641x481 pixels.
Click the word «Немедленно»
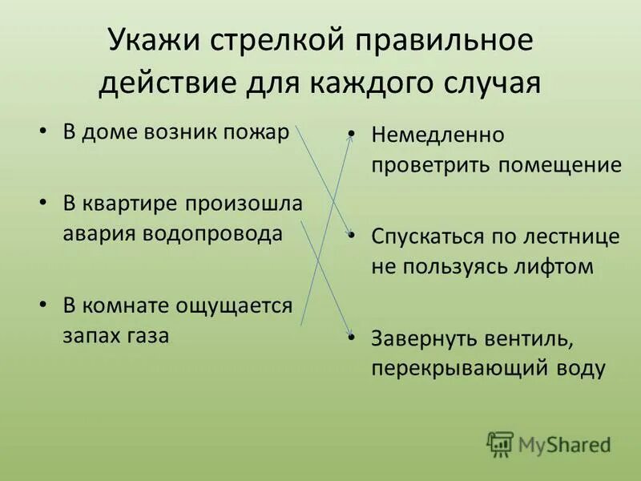(x=437, y=135)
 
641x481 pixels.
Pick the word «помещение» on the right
(x=560, y=165)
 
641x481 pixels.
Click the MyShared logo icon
(x=501, y=443)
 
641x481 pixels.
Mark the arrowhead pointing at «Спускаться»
(x=349, y=233)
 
